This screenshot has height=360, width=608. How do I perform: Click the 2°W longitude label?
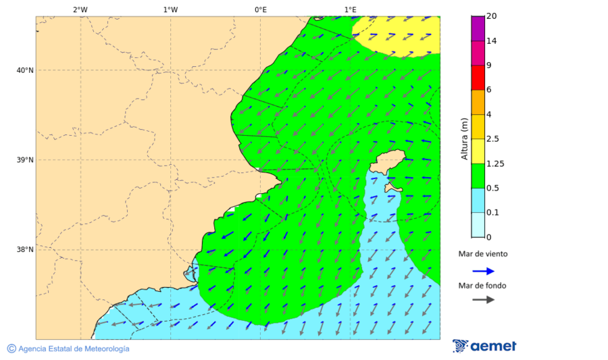point(80,9)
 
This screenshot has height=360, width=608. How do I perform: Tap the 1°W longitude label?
point(170,9)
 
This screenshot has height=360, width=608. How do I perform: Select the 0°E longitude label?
point(260,9)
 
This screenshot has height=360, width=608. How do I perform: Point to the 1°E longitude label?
point(350,9)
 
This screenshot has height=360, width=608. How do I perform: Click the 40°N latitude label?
point(25,70)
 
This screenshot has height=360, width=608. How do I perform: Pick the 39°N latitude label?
point(25,160)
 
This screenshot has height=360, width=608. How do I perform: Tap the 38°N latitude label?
point(25,250)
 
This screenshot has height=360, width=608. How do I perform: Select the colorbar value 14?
point(492,41)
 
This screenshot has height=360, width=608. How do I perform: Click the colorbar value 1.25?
point(495,163)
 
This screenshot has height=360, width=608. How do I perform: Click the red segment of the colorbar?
point(478,78)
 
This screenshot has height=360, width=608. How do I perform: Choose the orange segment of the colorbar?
point(478,102)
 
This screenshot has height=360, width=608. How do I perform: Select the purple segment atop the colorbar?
point(478,28)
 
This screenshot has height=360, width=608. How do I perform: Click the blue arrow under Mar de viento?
point(483,271)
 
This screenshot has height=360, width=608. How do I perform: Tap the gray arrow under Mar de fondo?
point(483,300)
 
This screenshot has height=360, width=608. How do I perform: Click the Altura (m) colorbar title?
point(464,138)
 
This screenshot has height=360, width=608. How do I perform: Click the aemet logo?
point(484,346)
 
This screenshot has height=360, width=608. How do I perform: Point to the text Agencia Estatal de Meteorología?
point(74,349)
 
